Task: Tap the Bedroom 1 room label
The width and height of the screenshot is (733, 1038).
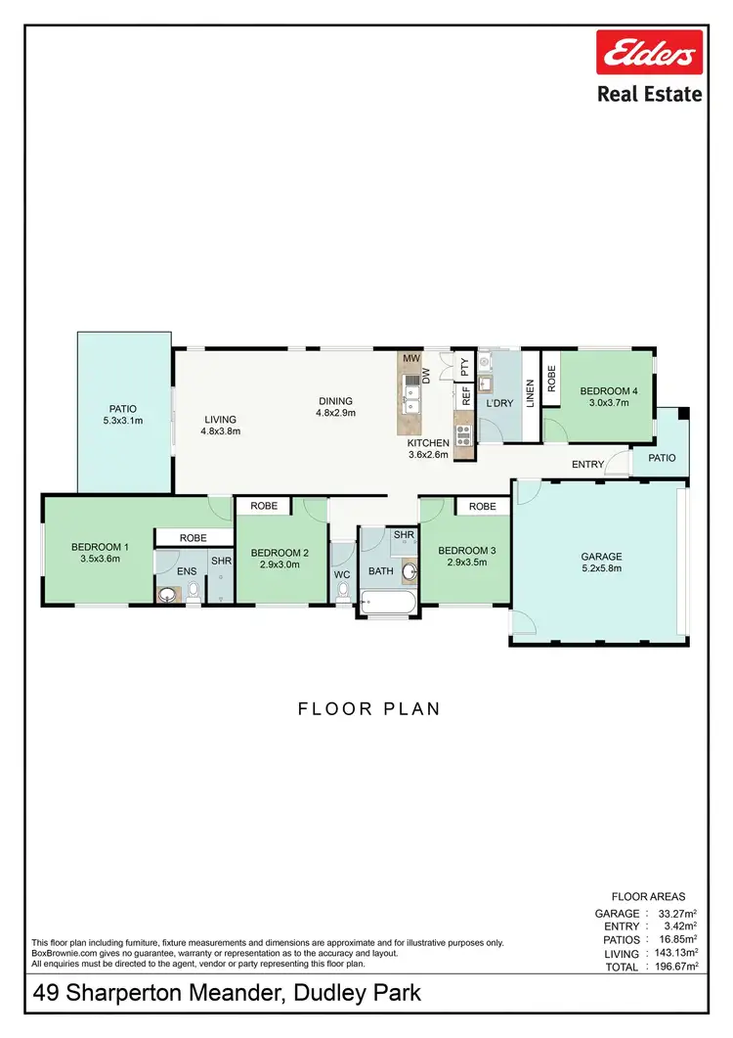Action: pyautogui.click(x=100, y=547)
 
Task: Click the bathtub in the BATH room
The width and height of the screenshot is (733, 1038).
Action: pyautogui.click(x=387, y=602)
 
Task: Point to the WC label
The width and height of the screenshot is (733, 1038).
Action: pyautogui.click(x=342, y=574)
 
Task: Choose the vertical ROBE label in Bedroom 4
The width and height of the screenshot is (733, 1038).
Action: pyautogui.click(x=551, y=380)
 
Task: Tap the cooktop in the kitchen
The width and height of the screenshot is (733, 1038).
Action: pyautogui.click(x=462, y=429)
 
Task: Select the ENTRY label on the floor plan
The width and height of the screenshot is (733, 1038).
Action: pyautogui.click(x=588, y=465)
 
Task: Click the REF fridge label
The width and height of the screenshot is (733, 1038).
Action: pyautogui.click(x=466, y=396)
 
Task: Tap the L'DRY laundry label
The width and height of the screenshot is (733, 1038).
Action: pyautogui.click(x=499, y=403)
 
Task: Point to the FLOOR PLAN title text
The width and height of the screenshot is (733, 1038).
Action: pyautogui.click(x=368, y=709)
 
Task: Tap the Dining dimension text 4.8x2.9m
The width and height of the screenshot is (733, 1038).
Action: pyautogui.click(x=335, y=413)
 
